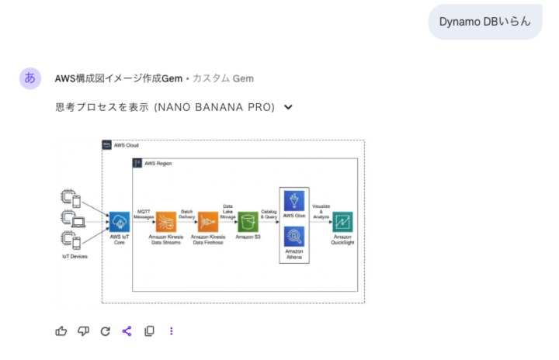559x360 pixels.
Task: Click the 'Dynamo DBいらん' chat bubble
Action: click(484, 21)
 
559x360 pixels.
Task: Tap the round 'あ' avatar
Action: click(30, 78)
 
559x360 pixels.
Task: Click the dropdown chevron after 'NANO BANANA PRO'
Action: click(289, 107)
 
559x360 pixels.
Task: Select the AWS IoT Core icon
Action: click(119, 220)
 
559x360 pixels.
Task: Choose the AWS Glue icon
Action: click(294, 200)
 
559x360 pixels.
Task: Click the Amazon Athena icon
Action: click(294, 237)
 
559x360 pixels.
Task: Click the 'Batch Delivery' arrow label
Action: click(187, 213)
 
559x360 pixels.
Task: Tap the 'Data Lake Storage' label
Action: click(227, 207)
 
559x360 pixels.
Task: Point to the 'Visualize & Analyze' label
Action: click(321, 211)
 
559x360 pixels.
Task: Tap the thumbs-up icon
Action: click(61, 331)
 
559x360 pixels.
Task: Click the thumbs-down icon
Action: click(83, 331)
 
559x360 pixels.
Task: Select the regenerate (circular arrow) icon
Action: click(106, 331)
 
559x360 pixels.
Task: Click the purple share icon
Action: click(127, 331)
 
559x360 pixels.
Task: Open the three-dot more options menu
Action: click(172, 331)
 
